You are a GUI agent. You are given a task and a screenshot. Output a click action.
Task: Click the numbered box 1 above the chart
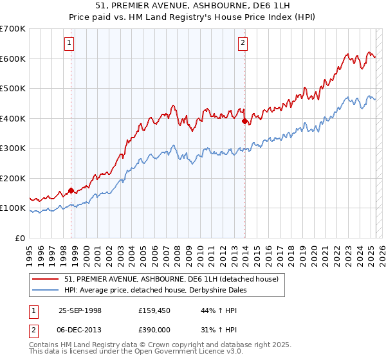pyautogui.click(x=69, y=44)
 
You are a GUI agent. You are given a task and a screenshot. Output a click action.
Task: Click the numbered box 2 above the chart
pyautogui.click(x=243, y=44)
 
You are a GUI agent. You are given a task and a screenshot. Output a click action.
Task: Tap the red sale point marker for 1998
pyautogui.click(x=71, y=191)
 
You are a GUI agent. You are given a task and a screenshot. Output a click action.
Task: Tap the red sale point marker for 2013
pyautogui.click(x=244, y=121)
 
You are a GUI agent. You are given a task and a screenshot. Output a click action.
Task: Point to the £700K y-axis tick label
pyautogui.click(x=13, y=29)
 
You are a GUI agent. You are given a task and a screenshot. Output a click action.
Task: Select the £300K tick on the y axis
pyautogui.click(x=13, y=148)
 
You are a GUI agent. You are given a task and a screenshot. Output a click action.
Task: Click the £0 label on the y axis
pyautogui.click(x=20, y=238)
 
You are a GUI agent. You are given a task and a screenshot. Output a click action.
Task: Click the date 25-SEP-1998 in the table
pyautogui.click(x=80, y=310)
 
